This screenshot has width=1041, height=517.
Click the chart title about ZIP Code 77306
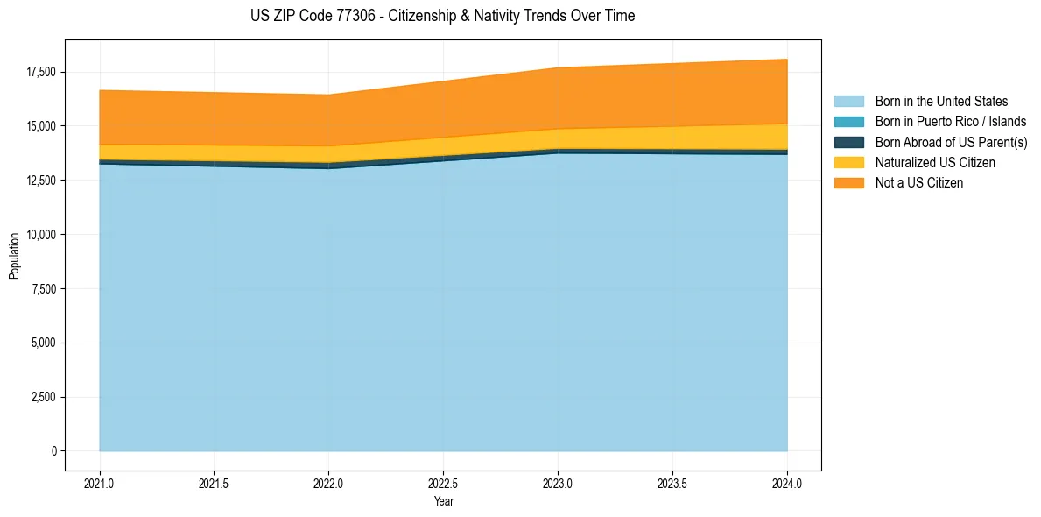point(442,16)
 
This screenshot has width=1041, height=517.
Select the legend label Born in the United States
point(941,102)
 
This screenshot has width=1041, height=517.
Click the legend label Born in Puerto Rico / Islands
point(951,122)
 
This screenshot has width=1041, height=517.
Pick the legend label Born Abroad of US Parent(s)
point(951,142)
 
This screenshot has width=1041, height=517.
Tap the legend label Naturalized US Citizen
point(935,162)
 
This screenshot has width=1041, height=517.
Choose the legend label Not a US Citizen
point(919,182)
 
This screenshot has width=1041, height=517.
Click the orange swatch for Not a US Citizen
point(848,182)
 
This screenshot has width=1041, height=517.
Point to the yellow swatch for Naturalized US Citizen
point(848,162)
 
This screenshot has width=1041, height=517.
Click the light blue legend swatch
point(848,102)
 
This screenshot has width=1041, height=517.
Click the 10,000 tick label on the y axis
point(41,235)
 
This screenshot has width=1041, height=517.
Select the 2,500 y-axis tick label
point(44,397)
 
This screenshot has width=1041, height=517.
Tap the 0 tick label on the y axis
point(53,451)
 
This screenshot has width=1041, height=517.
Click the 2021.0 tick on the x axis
point(100,483)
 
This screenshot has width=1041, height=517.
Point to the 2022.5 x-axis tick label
point(443,483)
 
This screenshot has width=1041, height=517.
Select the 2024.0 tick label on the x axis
point(787,483)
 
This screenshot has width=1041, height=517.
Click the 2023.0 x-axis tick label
point(558,483)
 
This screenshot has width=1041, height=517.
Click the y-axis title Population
point(14,256)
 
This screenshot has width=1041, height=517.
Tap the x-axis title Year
point(443,501)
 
